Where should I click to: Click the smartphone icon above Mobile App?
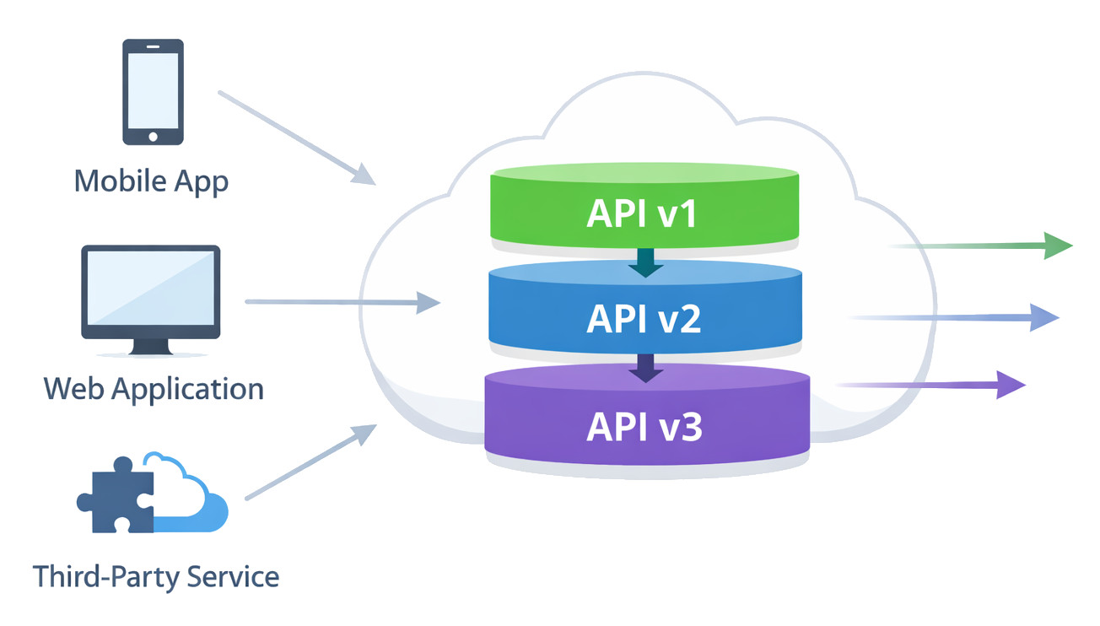coord(153,90)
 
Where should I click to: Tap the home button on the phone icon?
coord(153,136)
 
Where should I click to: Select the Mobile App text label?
coord(152,181)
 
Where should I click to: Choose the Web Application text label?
coord(154,389)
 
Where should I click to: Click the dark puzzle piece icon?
coord(116,496)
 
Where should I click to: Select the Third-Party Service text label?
coord(156,577)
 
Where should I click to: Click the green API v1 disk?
coord(645,211)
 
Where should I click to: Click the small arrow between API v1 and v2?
coord(646,262)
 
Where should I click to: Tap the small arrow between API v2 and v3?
coord(646,367)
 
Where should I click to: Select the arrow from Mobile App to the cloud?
coord(295,136)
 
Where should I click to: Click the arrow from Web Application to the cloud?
coord(342,301)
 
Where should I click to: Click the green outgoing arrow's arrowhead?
coord(1058,246)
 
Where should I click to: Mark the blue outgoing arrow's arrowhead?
coord(1044,317)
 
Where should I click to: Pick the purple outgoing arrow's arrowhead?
coord(1011,385)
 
